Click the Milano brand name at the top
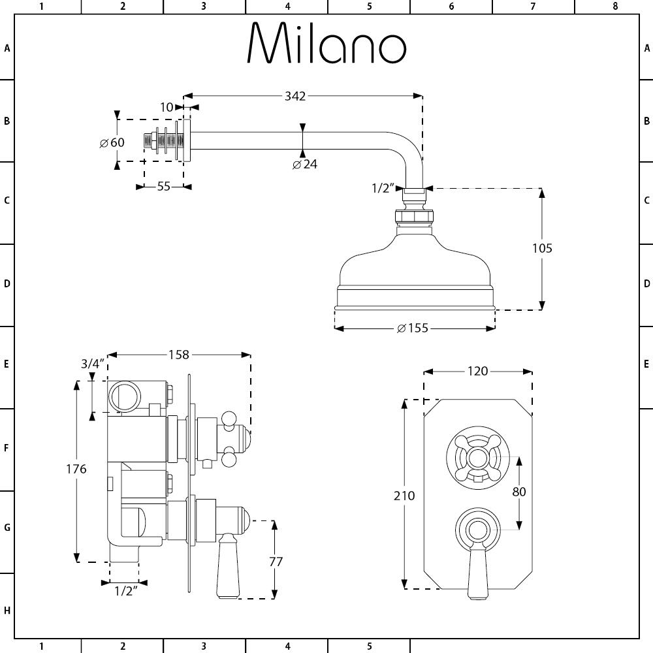(x=326, y=44)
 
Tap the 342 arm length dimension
(x=295, y=96)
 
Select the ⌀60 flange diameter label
(x=112, y=143)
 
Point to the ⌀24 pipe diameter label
(x=305, y=164)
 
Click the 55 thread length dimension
(x=163, y=187)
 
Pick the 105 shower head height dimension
(x=541, y=248)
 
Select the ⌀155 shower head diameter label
(x=413, y=328)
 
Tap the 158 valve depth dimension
(x=178, y=355)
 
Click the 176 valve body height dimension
(x=76, y=469)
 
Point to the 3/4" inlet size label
(x=93, y=364)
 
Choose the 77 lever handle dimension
(x=276, y=561)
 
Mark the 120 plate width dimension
(x=477, y=371)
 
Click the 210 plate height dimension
(x=405, y=496)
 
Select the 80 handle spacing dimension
(x=519, y=491)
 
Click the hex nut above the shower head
(x=413, y=215)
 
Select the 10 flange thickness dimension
(x=167, y=107)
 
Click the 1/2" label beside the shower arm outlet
(x=384, y=189)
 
